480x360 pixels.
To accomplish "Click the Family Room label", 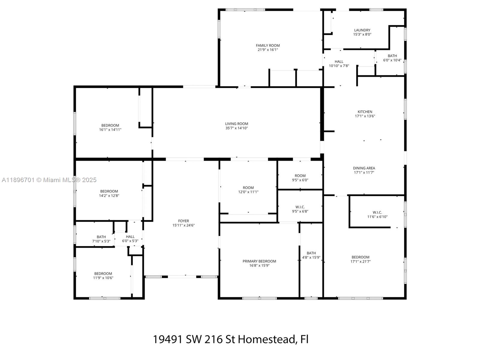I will (268, 46).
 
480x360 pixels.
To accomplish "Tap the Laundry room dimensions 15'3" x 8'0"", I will (362, 34).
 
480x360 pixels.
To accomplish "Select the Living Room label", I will (236, 124).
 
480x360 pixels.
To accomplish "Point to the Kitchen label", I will (365, 112).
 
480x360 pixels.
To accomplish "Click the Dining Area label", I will (364, 168).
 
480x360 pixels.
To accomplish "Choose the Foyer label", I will (183, 221).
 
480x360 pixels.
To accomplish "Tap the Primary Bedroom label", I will (259, 261).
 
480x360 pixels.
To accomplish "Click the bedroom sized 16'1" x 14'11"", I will (110, 127).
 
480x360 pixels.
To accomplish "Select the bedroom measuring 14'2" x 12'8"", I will (109, 193).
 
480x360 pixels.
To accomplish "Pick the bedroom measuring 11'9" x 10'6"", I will (103, 275).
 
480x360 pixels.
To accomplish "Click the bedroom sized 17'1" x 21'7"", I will (360, 259).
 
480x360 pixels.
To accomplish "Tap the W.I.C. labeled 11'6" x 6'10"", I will (377, 214).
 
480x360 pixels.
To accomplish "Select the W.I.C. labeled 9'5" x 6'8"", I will (300, 209).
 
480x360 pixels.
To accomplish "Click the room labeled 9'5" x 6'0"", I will (300, 178).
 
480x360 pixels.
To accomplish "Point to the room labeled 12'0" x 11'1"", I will (248, 190).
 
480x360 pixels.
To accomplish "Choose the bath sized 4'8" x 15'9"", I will (311, 255).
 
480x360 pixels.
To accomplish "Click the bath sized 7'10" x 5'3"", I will (101, 239).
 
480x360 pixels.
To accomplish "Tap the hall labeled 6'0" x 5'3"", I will (130, 238).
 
